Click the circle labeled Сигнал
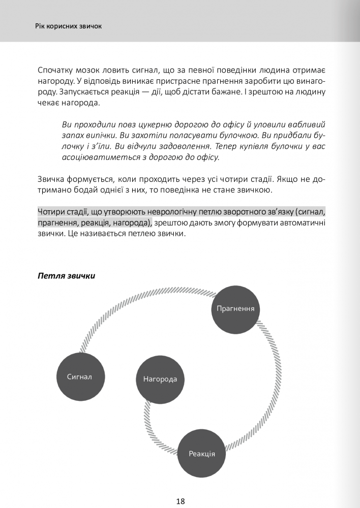point(79,376)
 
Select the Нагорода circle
point(160,379)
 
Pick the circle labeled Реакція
point(201,453)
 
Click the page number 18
point(180,501)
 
